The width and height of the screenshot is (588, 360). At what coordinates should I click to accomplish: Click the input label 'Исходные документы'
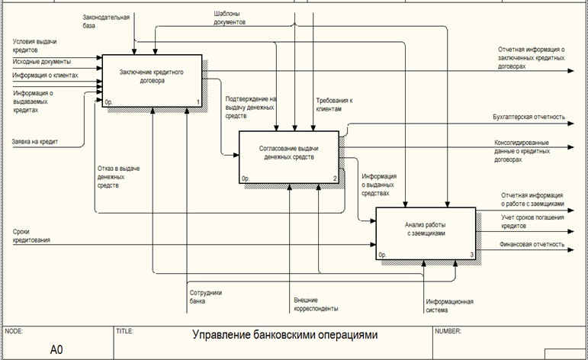pos(42,61)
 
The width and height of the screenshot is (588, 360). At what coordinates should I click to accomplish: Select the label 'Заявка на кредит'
pos(35,141)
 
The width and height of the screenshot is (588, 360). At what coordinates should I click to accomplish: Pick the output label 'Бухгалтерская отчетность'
pos(529,117)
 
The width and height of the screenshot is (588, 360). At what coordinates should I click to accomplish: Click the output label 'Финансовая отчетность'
pos(532,244)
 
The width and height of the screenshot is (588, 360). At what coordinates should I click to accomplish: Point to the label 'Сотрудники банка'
pos(204,296)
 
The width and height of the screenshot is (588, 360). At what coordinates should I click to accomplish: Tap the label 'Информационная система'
pos(450,305)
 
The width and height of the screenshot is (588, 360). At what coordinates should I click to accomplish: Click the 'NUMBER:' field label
pos(449,331)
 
